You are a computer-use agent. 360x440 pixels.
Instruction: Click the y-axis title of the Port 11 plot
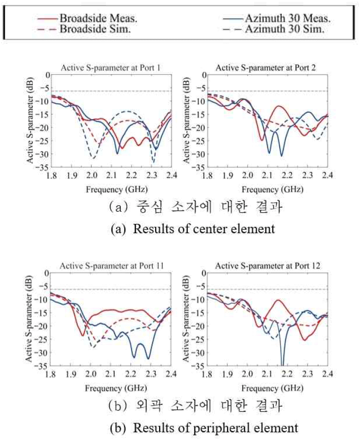pyautogui.click(x=30, y=319)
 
